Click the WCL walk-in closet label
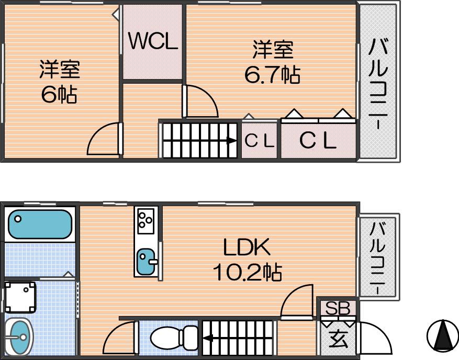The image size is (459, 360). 153,41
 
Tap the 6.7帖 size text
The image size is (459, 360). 272,75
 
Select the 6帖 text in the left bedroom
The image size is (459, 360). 60,95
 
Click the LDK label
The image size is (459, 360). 247,248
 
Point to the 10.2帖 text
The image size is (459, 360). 248,272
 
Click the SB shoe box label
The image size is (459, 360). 338,308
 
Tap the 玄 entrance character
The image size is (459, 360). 339,340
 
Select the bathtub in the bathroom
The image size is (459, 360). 40,224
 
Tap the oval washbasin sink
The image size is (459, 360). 19,337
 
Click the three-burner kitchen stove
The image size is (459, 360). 146,221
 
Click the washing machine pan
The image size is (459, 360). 20,297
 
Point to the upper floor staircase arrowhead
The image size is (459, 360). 232,141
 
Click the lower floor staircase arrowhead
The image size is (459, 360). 208,339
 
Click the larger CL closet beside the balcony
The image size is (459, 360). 318,140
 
